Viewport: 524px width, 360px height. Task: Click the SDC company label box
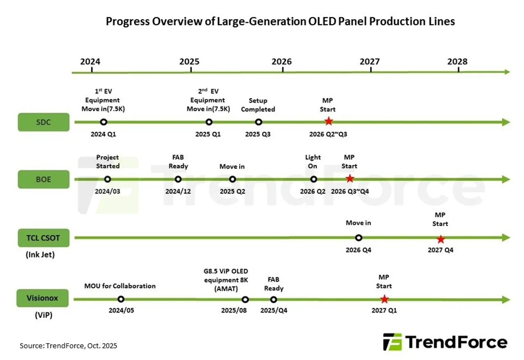tap(43, 122)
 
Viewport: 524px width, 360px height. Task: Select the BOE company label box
tap(43, 179)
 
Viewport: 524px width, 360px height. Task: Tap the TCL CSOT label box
tap(43, 238)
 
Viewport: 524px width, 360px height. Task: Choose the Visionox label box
tap(43, 298)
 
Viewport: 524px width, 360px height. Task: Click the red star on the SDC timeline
tap(328, 122)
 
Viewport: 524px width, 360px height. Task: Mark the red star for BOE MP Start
tap(350, 179)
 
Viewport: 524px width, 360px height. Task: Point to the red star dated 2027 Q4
tap(440, 239)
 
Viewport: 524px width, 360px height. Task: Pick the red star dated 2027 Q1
tap(384, 299)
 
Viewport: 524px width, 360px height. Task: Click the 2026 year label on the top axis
tap(282, 62)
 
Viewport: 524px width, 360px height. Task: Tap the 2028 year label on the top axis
tap(457, 62)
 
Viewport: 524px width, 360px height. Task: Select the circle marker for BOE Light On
tap(314, 179)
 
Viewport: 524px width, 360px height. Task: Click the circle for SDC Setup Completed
tap(258, 122)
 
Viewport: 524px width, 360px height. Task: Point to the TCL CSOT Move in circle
tap(359, 238)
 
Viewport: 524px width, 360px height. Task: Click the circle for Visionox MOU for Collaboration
tap(121, 299)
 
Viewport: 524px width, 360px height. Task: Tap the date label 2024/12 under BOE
tap(178, 191)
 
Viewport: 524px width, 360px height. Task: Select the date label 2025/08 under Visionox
tap(234, 310)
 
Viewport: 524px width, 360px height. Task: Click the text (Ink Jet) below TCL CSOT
tap(41, 254)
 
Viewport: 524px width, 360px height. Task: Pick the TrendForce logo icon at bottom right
tap(392, 342)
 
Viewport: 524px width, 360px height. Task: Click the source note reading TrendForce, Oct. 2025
tap(68, 346)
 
